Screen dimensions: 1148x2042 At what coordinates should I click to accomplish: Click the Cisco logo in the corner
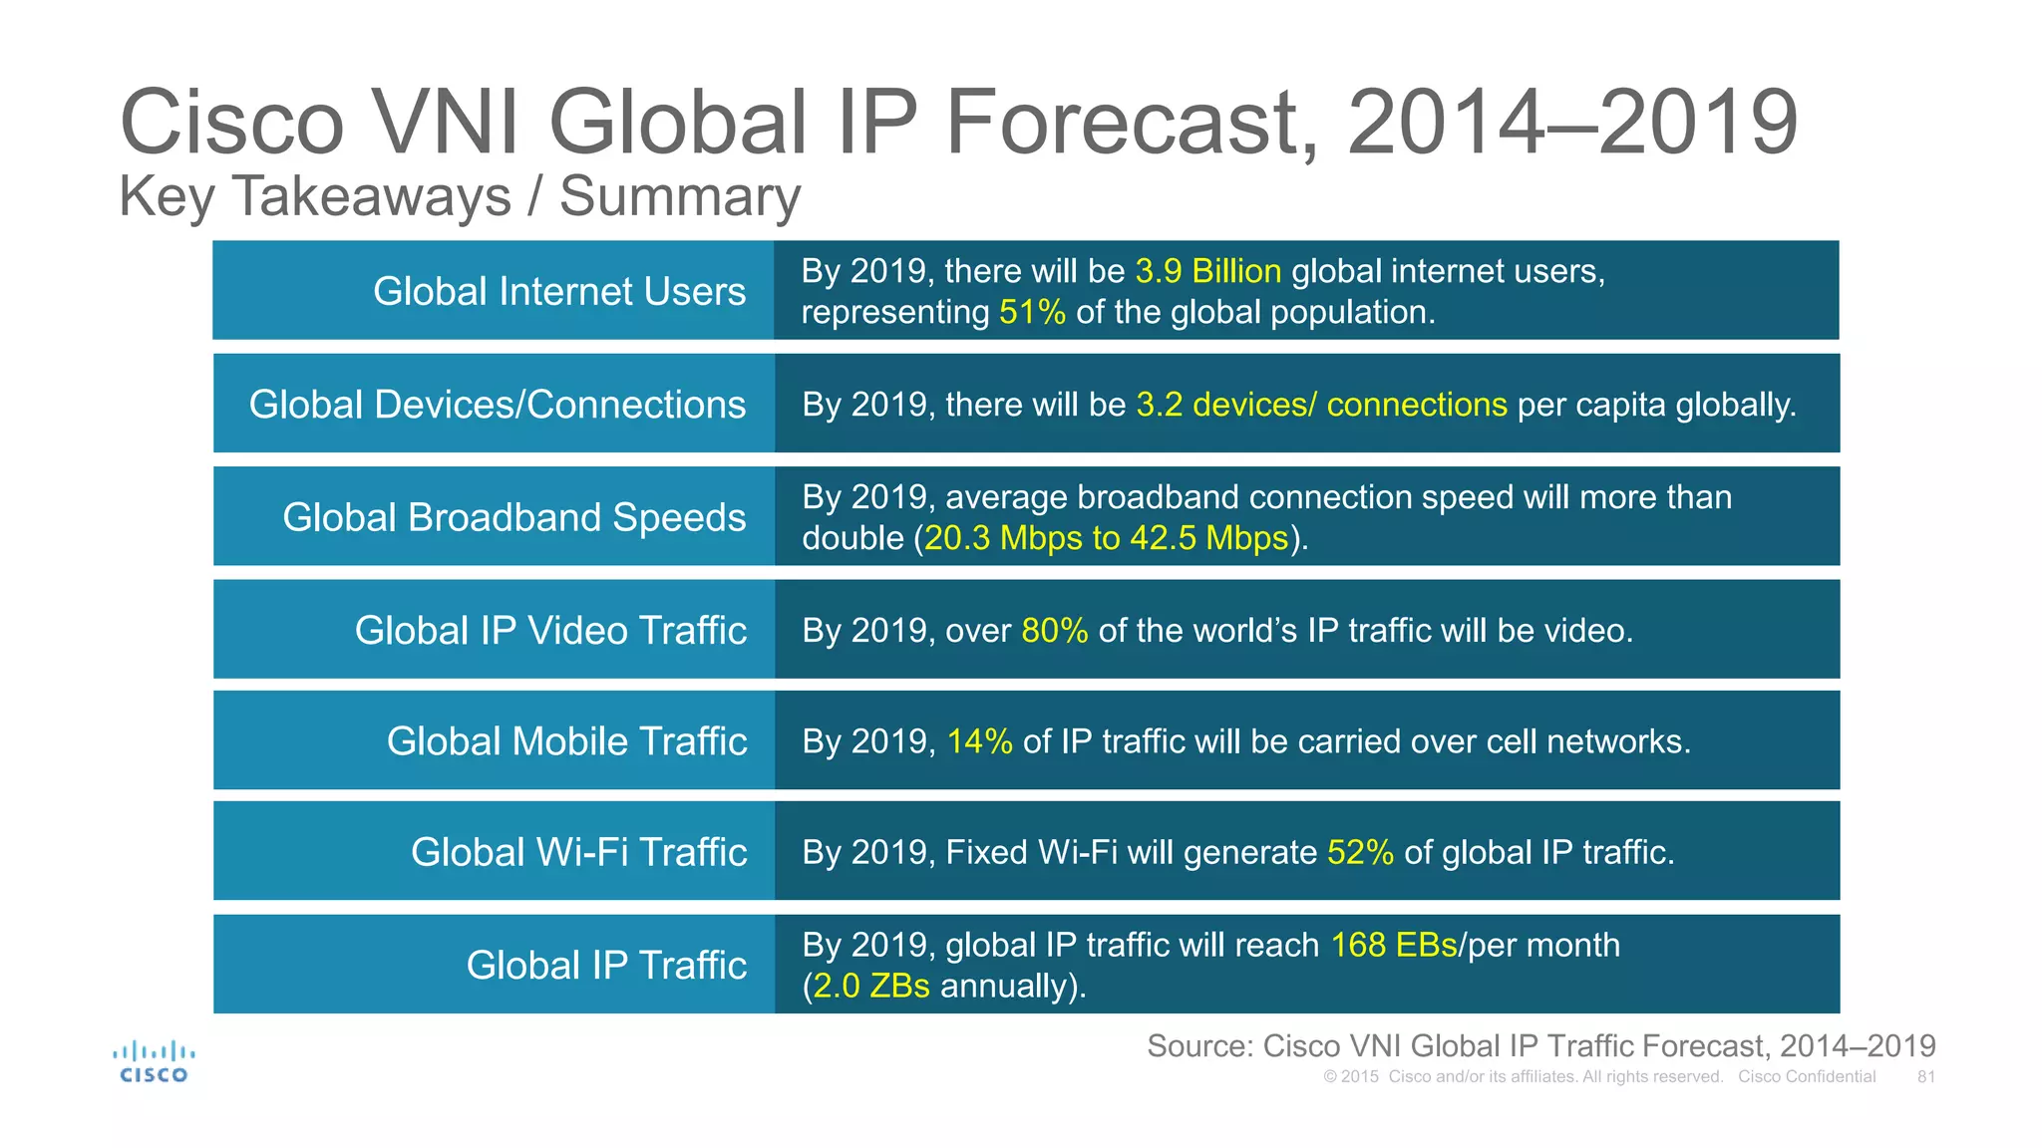(154, 1062)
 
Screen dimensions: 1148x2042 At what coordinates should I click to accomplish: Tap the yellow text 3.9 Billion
(1207, 271)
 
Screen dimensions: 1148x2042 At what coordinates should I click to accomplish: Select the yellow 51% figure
(1032, 313)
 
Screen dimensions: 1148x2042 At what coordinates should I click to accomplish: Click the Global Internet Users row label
(558, 291)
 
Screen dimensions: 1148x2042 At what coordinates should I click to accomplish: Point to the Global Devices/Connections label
(497, 405)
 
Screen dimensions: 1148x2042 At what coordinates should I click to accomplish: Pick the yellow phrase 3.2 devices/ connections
(1321, 405)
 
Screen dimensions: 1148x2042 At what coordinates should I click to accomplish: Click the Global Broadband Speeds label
(513, 517)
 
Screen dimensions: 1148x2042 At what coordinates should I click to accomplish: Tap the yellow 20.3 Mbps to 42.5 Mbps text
(1106, 538)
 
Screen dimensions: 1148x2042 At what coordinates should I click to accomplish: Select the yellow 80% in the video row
(1054, 631)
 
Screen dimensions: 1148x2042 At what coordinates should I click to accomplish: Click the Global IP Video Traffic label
(550, 631)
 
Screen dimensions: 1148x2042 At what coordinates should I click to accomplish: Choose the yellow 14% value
(979, 741)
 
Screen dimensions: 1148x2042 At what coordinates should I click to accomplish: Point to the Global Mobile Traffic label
(566, 741)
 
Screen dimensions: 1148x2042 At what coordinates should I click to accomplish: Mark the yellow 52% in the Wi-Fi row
(1360, 853)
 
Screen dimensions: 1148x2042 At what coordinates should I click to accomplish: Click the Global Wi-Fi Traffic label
(578, 853)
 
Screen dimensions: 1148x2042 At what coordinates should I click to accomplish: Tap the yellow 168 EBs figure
(1394, 945)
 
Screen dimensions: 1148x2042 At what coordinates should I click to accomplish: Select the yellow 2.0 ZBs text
(871, 987)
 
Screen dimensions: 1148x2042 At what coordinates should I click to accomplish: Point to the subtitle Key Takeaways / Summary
(460, 196)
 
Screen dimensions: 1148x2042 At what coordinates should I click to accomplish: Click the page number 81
(1925, 1077)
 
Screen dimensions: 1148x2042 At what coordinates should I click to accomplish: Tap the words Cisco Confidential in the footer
(1806, 1077)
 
